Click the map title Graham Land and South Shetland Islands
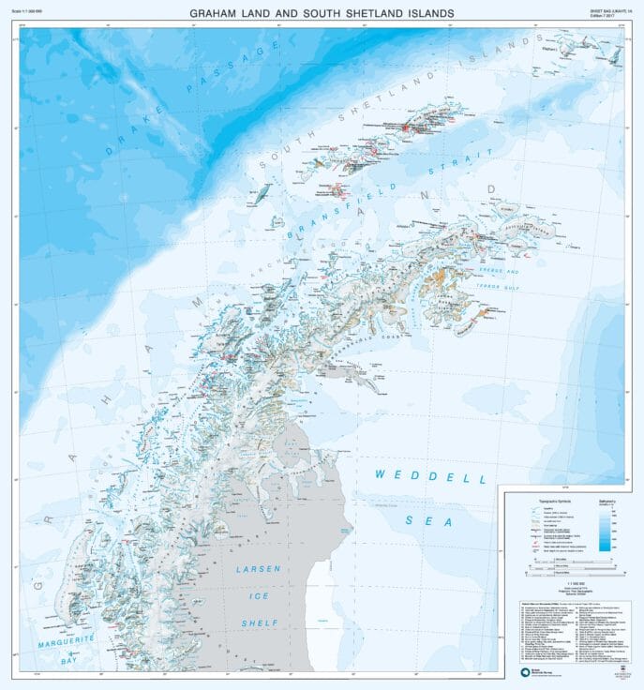pos(322,13)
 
